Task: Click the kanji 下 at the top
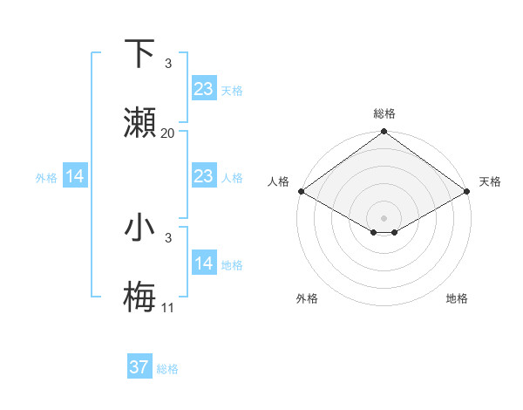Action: (x=140, y=53)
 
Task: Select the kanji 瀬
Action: (x=140, y=123)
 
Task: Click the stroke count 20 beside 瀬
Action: (x=168, y=133)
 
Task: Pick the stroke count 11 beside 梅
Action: (x=168, y=308)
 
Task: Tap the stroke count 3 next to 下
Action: (x=168, y=64)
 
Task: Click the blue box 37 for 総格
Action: (x=139, y=367)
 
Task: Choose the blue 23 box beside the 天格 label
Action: (x=203, y=88)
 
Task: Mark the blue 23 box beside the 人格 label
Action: (x=203, y=176)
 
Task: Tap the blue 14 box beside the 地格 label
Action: (x=203, y=263)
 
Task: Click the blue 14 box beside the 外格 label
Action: (x=75, y=176)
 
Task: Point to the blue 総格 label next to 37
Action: (x=167, y=369)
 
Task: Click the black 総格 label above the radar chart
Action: (x=384, y=113)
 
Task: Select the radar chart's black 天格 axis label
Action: (x=490, y=181)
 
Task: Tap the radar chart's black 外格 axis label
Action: (x=307, y=298)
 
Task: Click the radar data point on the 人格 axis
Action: (x=300, y=191)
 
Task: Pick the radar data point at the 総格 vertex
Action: (x=384, y=133)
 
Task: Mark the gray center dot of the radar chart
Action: (x=384, y=217)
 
